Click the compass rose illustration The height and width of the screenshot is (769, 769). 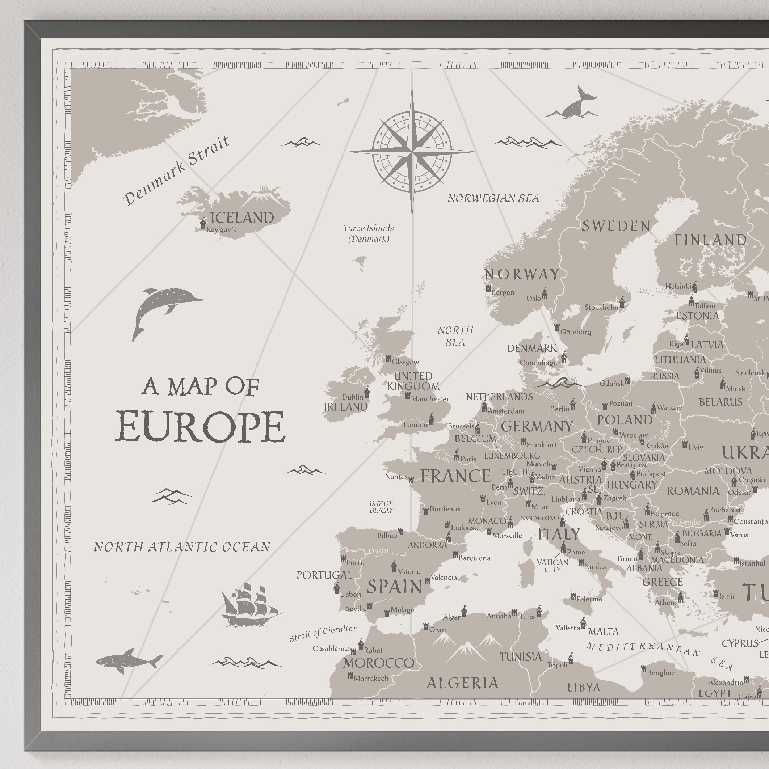point(412,152)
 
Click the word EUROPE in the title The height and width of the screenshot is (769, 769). point(200,427)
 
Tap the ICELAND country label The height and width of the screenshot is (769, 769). point(242,218)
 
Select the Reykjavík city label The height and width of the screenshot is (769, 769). point(222,230)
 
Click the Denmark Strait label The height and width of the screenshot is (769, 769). point(176,171)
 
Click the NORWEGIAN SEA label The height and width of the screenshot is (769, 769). point(493,198)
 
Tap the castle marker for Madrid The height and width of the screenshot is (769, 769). point(394,566)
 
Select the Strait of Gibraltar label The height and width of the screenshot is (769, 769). point(323,634)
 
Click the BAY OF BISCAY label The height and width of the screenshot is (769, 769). point(381,507)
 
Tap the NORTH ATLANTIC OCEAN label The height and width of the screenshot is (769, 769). point(182,547)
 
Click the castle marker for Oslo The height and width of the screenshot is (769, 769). point(545,293)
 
